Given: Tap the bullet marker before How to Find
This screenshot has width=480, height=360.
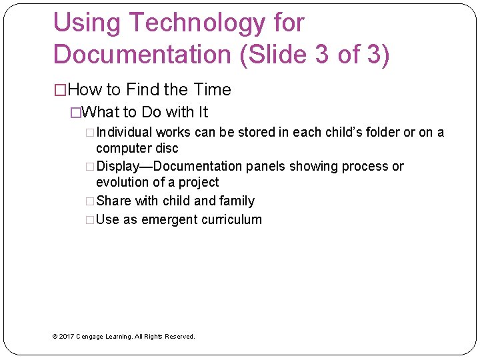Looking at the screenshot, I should [60, 90].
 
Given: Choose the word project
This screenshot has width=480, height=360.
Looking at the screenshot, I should [198, 182].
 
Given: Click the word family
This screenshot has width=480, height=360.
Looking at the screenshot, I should [237, 201].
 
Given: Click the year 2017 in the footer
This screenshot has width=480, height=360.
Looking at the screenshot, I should [67, 337].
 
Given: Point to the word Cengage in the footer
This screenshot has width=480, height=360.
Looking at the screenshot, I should [89, 337].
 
